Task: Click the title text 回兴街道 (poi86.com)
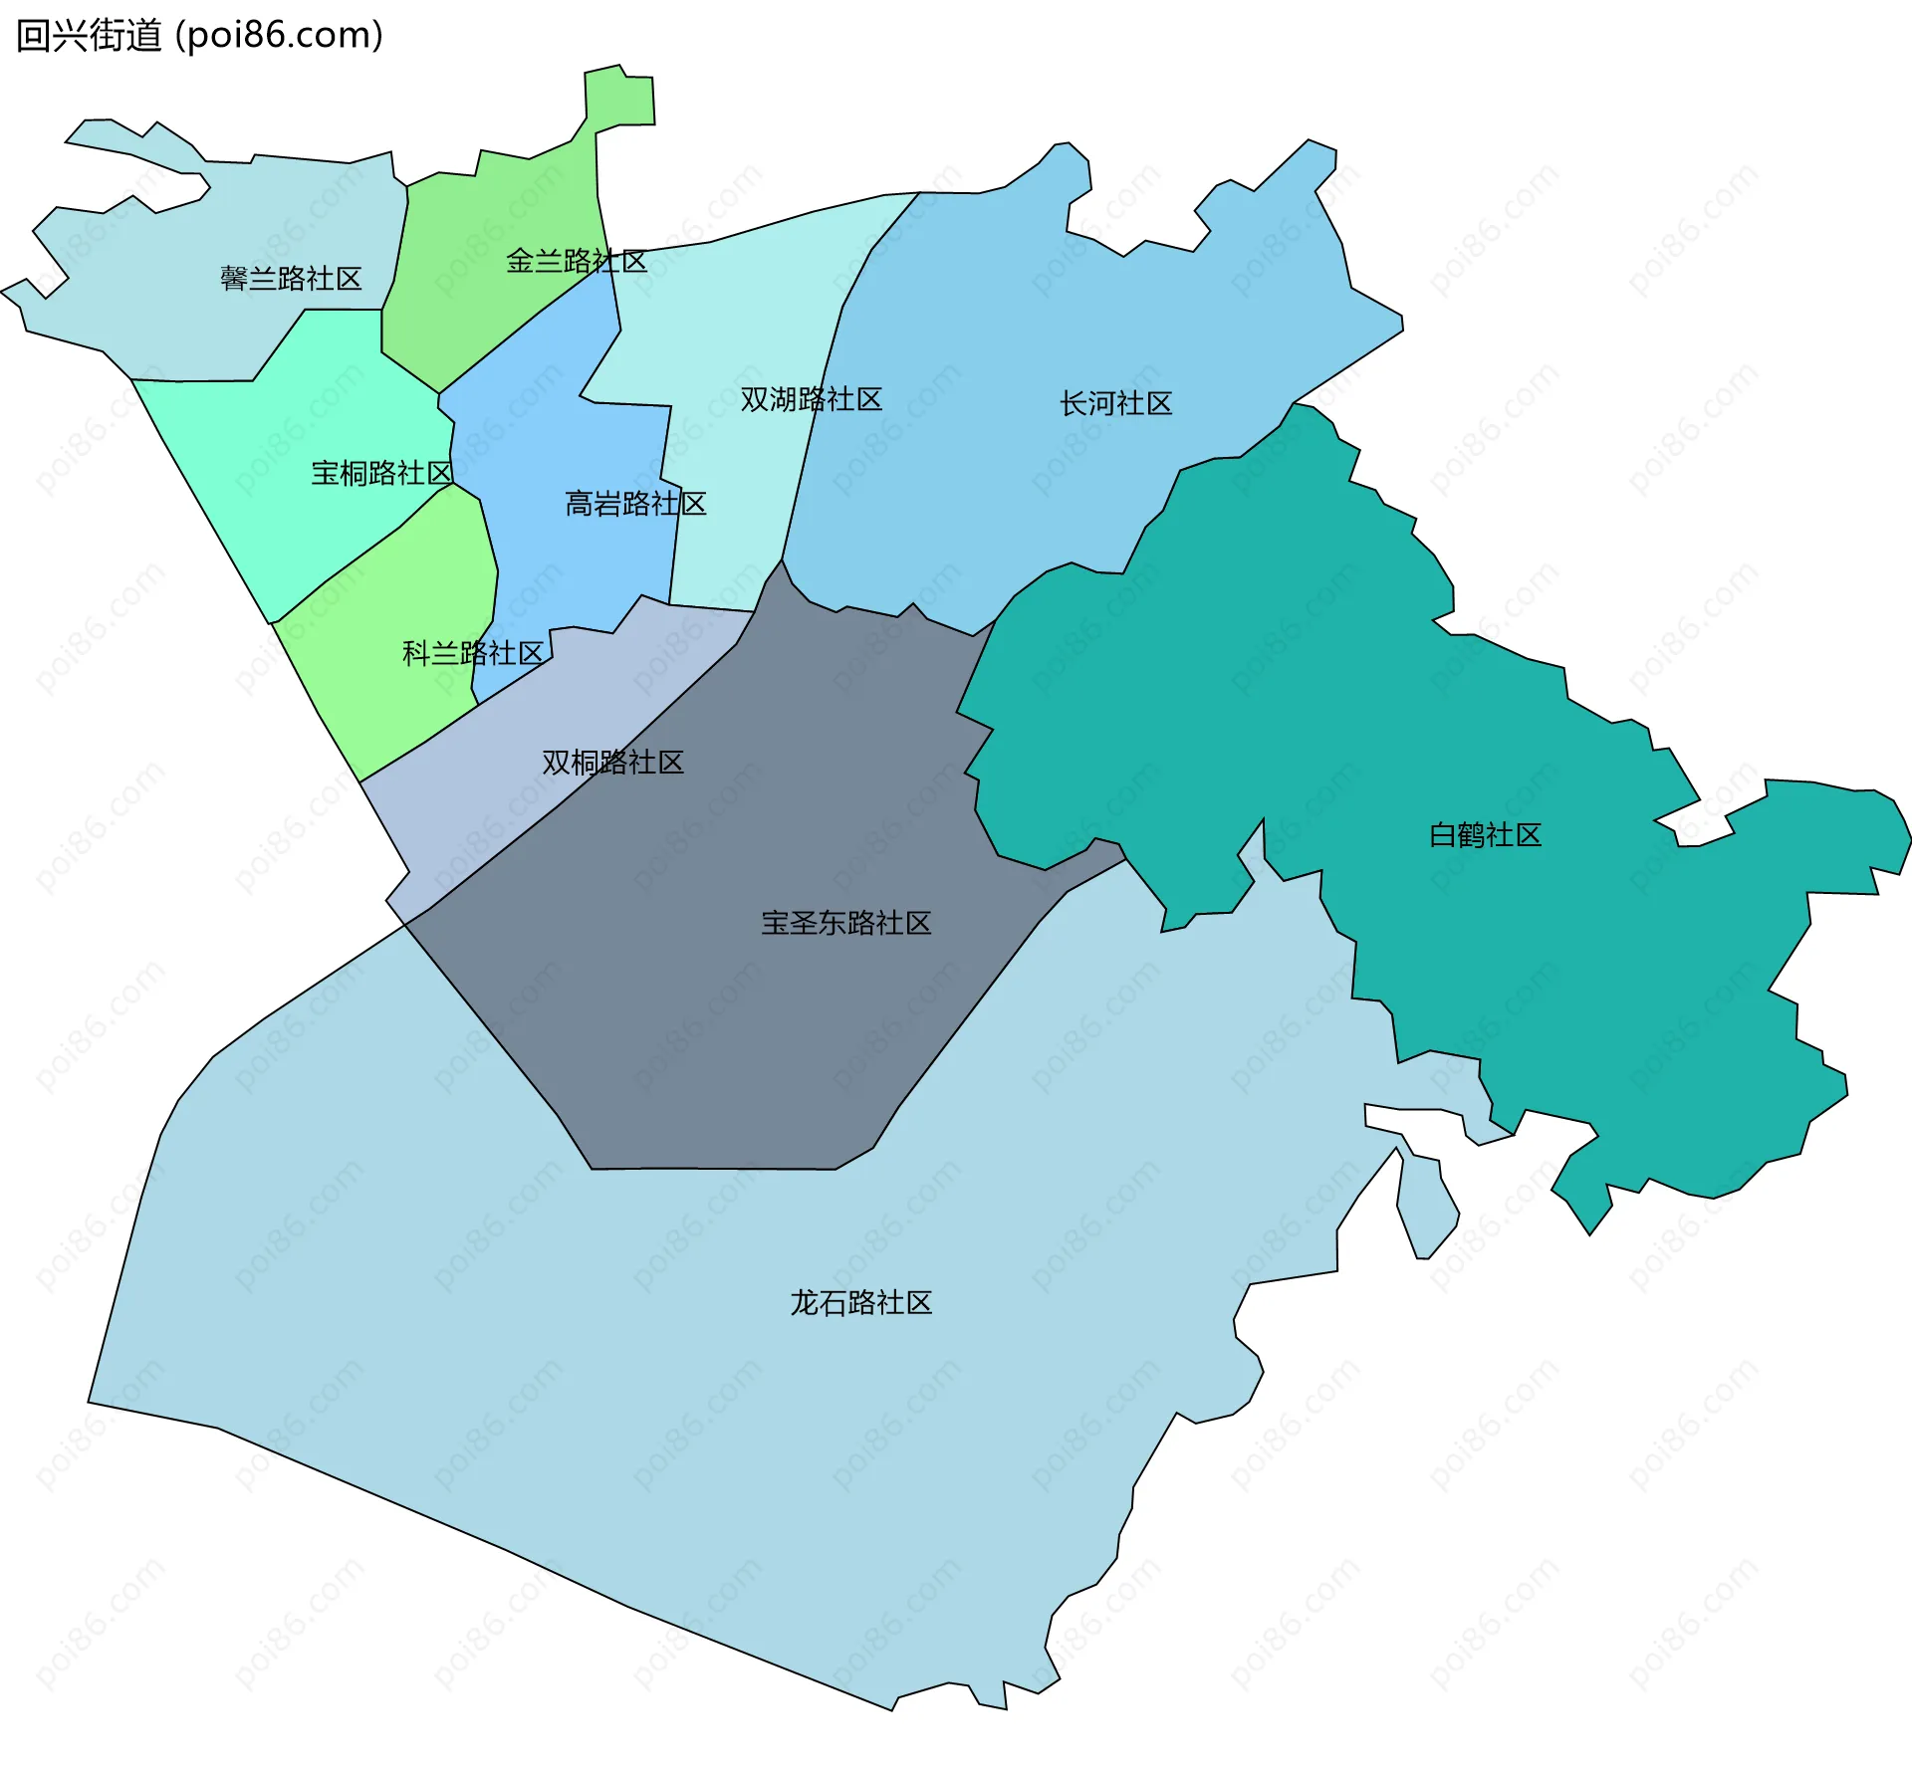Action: pyautogui.click(x=199, y=36)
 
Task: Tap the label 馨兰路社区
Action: pyautogui.click(x=291, y=279)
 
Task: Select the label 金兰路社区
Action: pyautogui.click(x=577, y=262)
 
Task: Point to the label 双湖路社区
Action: pyautogui.click(x=812, y=399)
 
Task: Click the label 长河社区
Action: pyautogui.click(x=1115, y=403)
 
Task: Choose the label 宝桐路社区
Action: pyautogui.click(x=382, y=473)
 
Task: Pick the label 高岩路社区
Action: pyautogui.click(x=635, y=504)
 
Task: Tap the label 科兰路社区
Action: pyautogui.click(x=473, y=653)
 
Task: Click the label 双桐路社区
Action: pyautogui.click(x=612, y=763)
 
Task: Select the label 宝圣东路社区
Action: pyautogui.click(x=846, y=923)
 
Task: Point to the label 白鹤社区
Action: pyautogui.click(x=1485, y=834)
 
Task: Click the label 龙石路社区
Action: pyautogui.click(x=861, y=1302)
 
